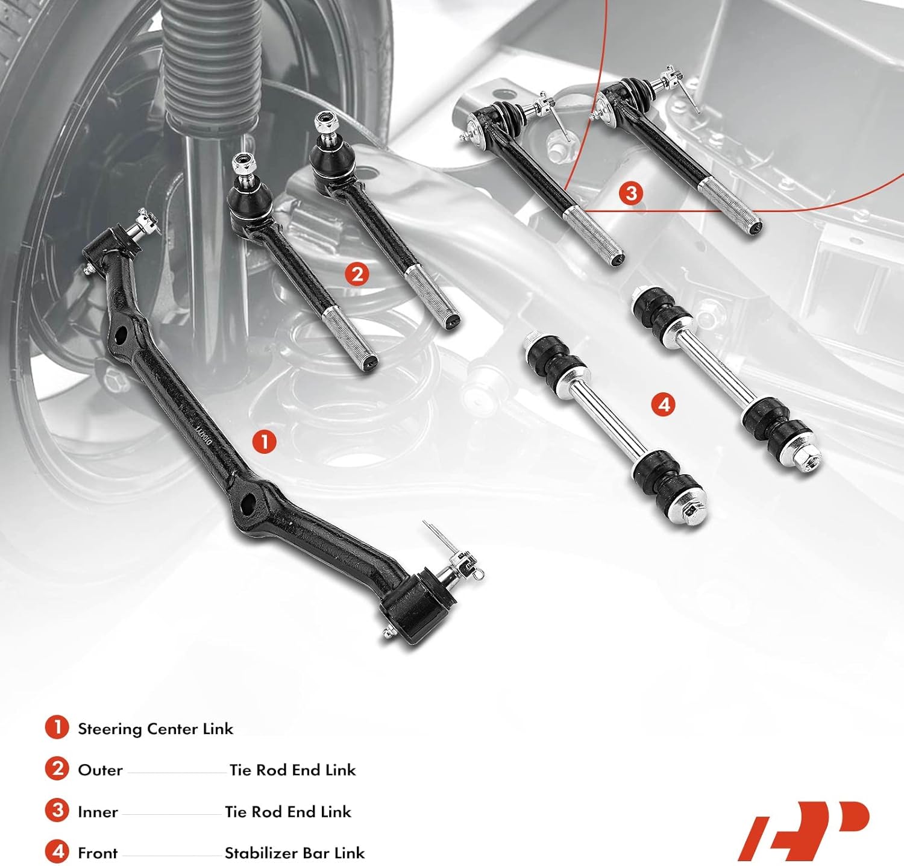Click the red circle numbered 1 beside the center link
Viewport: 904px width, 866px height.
tap(264, 442)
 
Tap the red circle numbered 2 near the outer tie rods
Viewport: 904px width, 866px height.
tap(357, 274)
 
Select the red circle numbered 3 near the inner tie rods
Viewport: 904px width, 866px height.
tap(630, 193)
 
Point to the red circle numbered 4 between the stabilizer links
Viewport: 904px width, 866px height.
tap(664, 404)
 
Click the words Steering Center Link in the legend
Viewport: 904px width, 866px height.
tap(155, 729)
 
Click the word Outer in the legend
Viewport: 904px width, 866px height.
tap(100, 770)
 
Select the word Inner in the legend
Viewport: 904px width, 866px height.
tap(98, 812)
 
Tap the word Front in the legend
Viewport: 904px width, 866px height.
tap(98, 853)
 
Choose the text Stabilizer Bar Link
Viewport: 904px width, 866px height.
tap(295, 853)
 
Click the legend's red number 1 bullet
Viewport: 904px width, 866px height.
tap(57, 727)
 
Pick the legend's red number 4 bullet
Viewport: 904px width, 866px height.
tap(57, 852)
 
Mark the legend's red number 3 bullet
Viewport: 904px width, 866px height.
tap(57, 811)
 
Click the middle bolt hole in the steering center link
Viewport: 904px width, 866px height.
tap(249, 501)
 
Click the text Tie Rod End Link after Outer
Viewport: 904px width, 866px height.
tap(292, 770)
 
